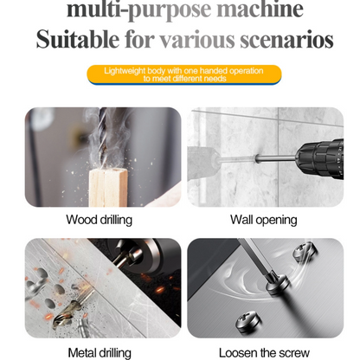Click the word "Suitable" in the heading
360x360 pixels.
78,40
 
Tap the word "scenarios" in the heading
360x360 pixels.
286,40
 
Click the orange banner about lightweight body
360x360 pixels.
184,74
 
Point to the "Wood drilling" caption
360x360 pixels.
100,220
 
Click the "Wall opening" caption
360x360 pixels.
264,220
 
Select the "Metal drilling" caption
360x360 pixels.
100,353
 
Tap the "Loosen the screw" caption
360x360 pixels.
264,353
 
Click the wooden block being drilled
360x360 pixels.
108,188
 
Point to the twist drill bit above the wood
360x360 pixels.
102,136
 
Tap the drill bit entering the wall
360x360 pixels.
275,158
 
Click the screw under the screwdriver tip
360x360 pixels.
277,285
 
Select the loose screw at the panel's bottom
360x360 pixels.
248,322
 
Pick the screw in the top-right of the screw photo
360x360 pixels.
305,252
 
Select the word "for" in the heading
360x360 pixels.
139,40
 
